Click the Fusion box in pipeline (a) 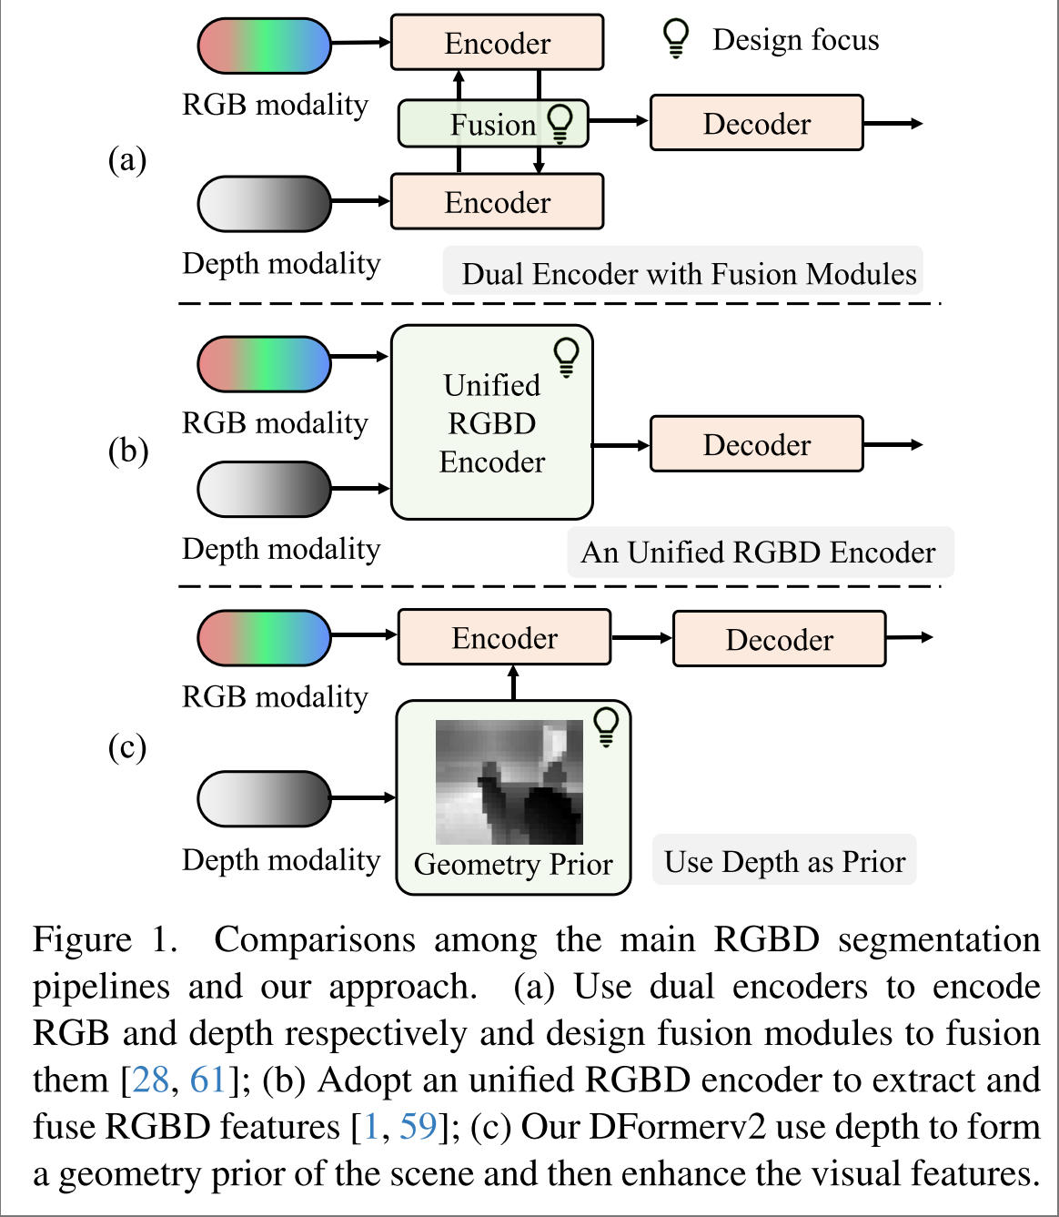point(492,124)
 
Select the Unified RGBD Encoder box point(492,422)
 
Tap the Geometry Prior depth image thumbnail point(509,782)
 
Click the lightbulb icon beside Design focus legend point(676,38)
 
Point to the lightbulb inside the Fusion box point(560,123)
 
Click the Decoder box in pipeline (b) point(756,444)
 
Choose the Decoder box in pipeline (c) point(779,639)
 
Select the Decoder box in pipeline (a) point(756,123)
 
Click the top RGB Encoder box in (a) point(497,43)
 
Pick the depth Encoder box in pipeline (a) point(497,201)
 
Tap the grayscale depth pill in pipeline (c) point(265,798)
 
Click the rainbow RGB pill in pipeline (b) point(265,363)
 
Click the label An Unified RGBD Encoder point(760,552)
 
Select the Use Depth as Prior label point(784,861)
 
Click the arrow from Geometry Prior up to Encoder point(513,683)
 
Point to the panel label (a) point(127,160)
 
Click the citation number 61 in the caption point(207,1080)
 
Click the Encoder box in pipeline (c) point(504,638)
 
